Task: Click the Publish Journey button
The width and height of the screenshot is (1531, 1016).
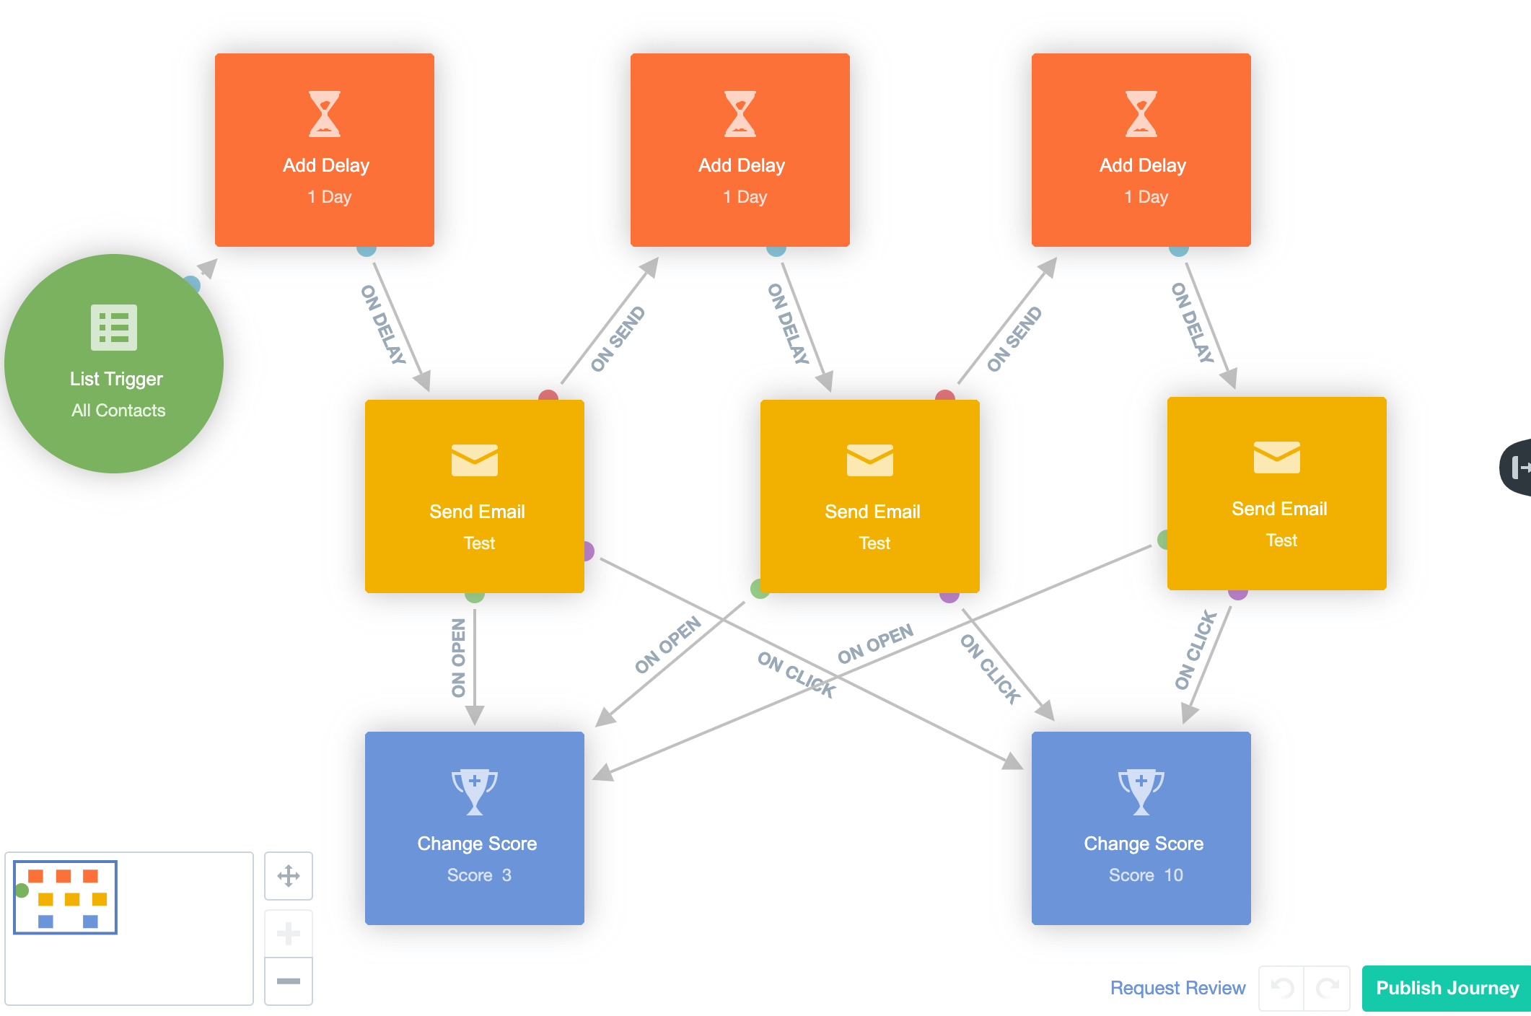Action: coord(1447,988)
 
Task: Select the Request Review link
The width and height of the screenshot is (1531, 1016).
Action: coord(1177,988)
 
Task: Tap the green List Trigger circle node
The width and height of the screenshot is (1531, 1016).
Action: coord(114,364)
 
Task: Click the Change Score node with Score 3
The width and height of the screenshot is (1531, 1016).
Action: coord(475,828)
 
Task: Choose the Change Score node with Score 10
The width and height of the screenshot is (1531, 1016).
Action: coord(1141,828)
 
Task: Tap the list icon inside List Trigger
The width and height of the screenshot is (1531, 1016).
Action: coord(114,328)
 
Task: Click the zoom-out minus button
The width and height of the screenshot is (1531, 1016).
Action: coord(289,981)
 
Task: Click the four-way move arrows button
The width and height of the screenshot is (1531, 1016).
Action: coord(289,876)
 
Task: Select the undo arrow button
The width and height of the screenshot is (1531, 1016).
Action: coord(1281,988)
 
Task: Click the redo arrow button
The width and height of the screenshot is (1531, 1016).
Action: coord(1328,988)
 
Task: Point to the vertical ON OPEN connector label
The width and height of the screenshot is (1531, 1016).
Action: coord(459,658)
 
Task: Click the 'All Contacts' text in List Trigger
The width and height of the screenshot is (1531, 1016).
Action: coord(118,411)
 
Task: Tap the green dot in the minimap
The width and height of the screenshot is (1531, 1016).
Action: coord(22,891)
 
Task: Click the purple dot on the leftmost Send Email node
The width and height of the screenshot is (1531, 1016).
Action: coord(588,551)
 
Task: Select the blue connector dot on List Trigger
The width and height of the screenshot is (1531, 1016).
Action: coord(192,284)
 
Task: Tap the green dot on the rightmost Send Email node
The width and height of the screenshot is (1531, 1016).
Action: coord(1163,539)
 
